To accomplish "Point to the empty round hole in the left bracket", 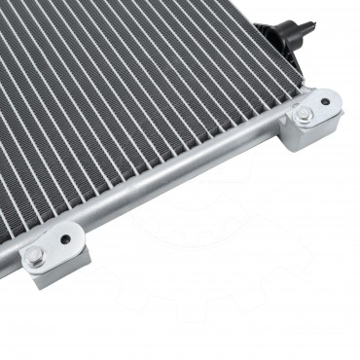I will (x=66, y=236).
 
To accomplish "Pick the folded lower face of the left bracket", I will (x=54, y=276).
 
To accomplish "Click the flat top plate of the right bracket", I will (x=317, y=109).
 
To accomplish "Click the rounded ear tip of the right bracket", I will (x=335, y=97).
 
